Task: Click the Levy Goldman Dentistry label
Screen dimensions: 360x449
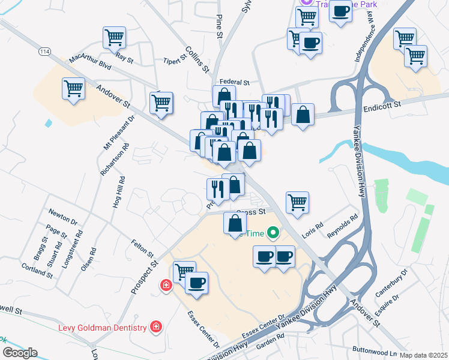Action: click(102, 328)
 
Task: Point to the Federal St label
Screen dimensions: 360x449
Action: click(234, 82)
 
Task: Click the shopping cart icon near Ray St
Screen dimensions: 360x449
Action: click(114, 37)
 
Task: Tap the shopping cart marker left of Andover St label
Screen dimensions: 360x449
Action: click(73, 89)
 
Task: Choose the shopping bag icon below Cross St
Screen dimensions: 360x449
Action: click(234, 224)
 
